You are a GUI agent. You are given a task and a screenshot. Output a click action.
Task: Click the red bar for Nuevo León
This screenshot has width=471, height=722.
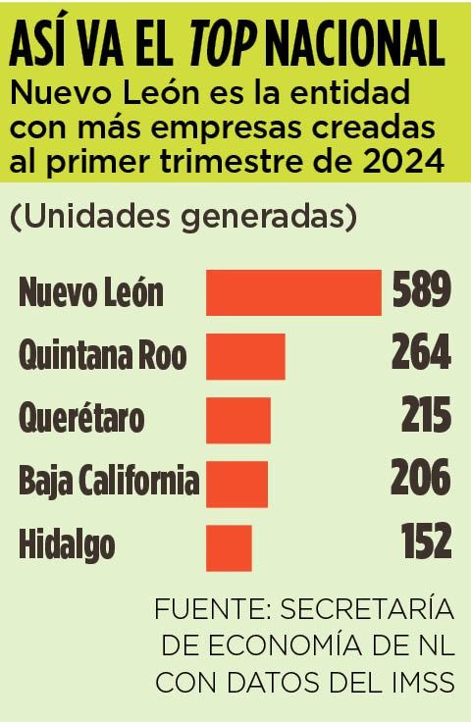point(293,292)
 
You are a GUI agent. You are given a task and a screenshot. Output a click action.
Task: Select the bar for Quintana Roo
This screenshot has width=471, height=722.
point(245,355)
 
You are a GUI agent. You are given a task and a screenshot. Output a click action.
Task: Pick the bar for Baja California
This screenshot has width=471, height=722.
point(236,482)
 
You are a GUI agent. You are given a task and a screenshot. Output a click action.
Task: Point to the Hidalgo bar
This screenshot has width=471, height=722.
point(229,545)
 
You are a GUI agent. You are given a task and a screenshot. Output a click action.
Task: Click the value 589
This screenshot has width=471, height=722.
point(421,291)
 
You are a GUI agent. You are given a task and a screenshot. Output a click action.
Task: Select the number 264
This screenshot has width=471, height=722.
point(421,354)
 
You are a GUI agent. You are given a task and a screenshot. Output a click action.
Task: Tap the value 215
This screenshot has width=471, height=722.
point(425,418)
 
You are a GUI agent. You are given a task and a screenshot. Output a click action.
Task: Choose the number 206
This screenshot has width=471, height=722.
point(421,481)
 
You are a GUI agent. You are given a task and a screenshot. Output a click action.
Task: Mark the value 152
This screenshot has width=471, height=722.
point(426,543)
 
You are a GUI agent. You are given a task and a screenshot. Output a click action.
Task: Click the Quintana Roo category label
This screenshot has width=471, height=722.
point(102,355)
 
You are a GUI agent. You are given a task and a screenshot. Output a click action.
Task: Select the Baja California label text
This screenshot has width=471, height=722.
point(109,482)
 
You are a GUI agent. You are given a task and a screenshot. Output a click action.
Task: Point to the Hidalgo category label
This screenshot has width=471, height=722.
point(67,545)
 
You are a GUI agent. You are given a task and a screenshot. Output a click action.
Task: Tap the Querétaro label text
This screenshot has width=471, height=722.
point(81,419)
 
